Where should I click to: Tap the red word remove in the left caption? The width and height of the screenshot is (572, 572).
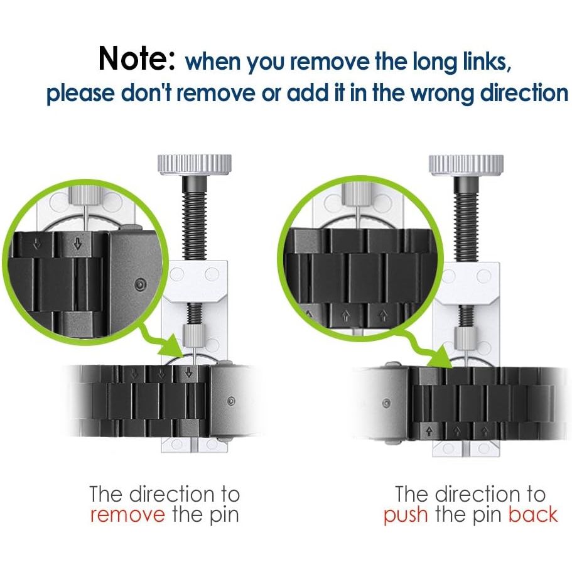coord(127,515)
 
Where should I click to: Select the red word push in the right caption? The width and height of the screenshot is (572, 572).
coord(406,515)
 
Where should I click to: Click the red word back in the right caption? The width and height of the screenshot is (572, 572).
coord(533,514)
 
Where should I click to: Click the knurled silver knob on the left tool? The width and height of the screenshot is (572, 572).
coord(195,164)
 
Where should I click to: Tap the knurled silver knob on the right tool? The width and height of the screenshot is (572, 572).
coord(467,165)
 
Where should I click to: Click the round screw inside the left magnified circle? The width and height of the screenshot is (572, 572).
coord(141,284)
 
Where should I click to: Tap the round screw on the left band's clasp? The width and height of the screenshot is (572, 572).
coord(230,401)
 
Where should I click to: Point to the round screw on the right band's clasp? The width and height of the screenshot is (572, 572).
coord(386,404)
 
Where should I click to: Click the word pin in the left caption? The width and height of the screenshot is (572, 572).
coord(223,516)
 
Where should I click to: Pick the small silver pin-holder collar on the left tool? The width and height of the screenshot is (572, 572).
coord(191,336)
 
